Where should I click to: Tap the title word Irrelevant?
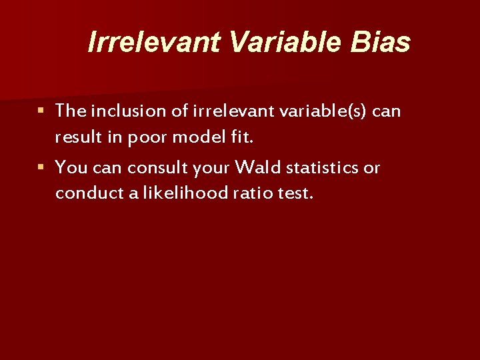pyautogui.click(x=155, y=42)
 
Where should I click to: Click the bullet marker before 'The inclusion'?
pyautogui.click(x=41, y=110)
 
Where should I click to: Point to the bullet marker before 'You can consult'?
pyautogui.click(x=41, y=167)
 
